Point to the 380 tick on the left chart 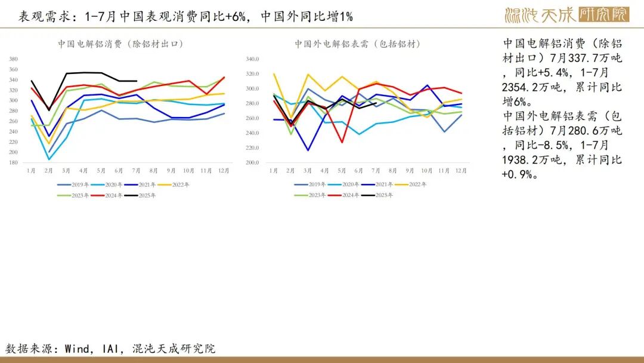point(14,59)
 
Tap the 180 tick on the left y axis point(14,163)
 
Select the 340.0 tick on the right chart point(253,59)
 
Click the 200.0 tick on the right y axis point(253,163)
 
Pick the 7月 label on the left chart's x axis point(136,171)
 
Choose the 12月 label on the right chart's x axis point(461,171)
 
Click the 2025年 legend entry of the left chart point(140,195)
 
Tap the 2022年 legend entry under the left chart point(174,184)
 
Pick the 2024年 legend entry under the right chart point(344,195)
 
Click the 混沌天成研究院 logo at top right point(567,15)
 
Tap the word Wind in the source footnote point(77,349)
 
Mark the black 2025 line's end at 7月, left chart point(137,81)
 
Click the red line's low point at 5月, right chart point(342,142)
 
